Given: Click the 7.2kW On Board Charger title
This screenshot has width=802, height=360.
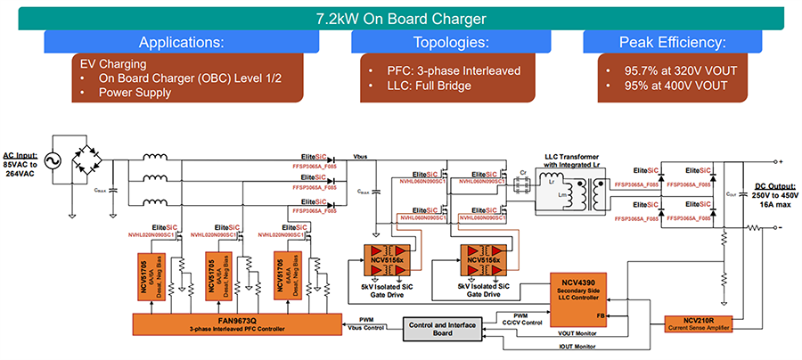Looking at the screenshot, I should (x=400, y=18).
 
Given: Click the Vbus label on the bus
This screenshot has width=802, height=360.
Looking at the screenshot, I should (x=365, y=158).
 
